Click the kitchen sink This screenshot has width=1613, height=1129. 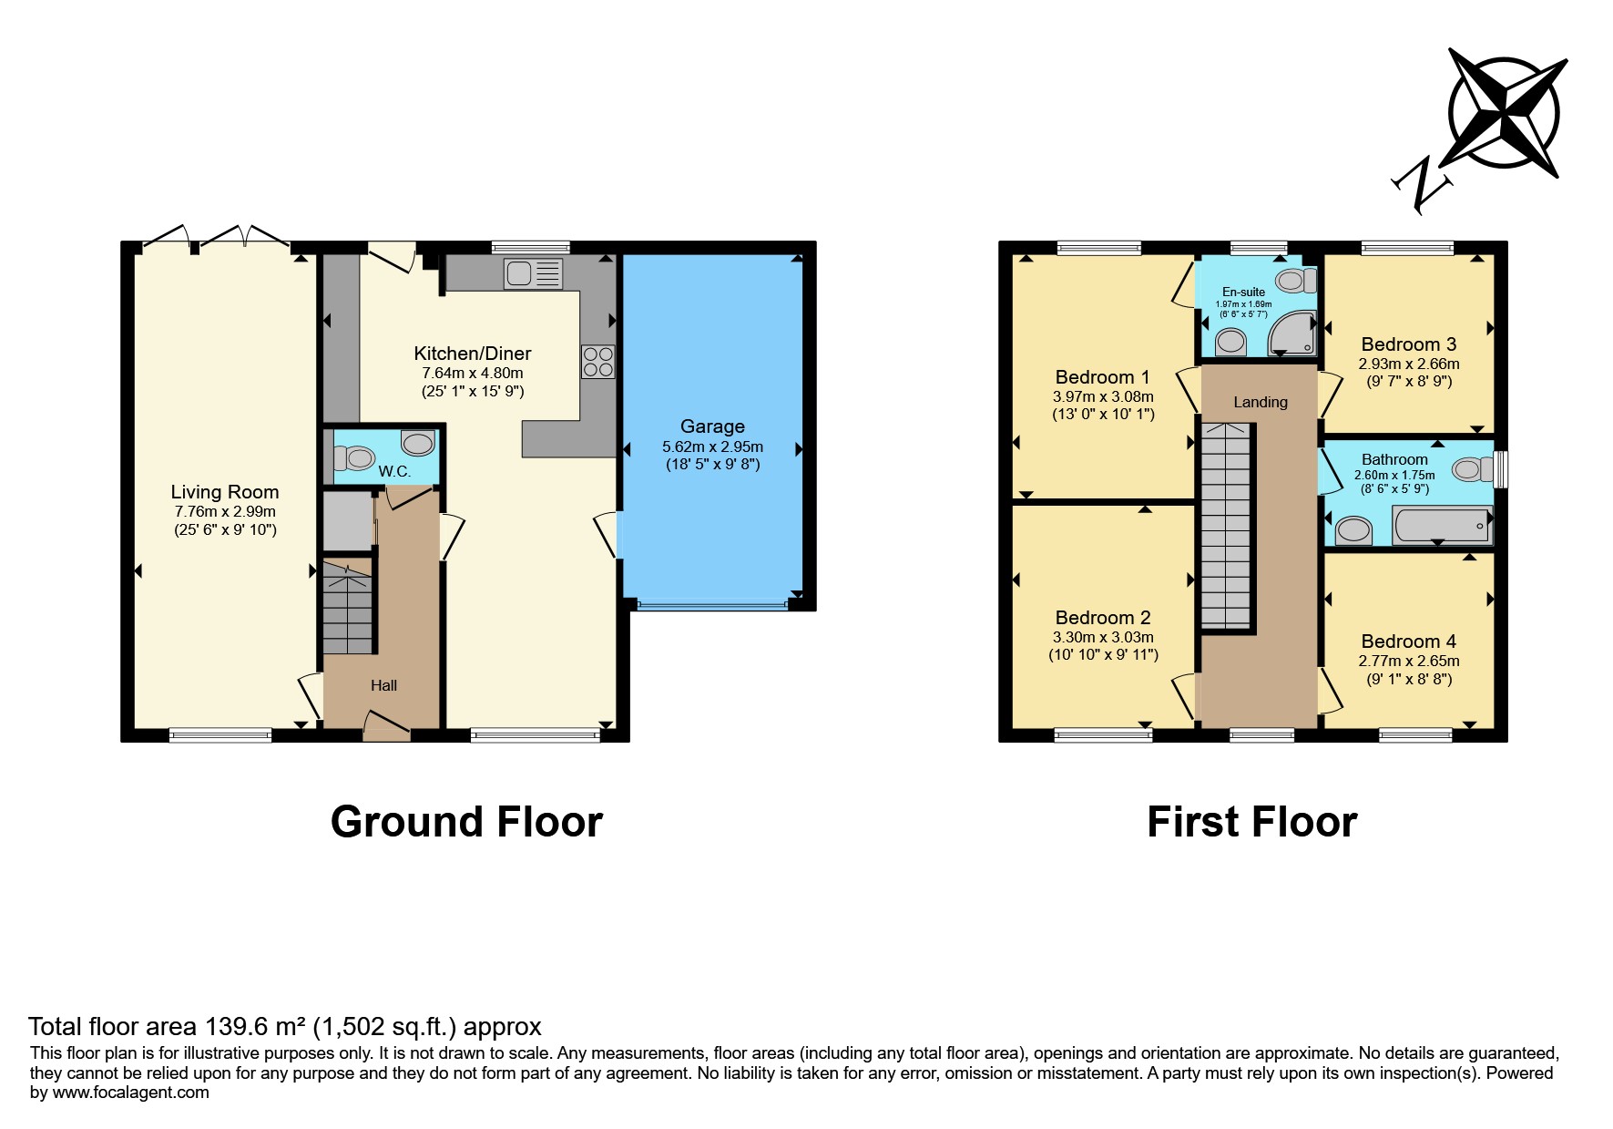tap(534, 274)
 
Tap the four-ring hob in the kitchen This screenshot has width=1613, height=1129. tap(597, 362)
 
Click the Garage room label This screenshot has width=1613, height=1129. tap(712, 426)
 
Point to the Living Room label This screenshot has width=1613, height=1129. tap(225, 492)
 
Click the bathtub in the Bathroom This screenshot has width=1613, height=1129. tap(1443, 526)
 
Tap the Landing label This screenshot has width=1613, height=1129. tap(1261, 402)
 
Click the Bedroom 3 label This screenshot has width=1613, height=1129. tap(1409, 344)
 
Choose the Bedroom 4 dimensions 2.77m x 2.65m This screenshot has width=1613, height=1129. tap(1409, 662)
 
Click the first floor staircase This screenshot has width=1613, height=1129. tap(1226, 526)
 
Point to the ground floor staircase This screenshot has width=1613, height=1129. tap(348, 608)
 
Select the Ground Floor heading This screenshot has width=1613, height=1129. tap(466, 822)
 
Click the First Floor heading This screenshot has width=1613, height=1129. tap(1252, 822)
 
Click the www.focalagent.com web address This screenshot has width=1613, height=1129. tap(131, 1093)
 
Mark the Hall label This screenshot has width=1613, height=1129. tap(383, 685)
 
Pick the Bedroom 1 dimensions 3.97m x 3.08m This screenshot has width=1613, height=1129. tap(1103, 396)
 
